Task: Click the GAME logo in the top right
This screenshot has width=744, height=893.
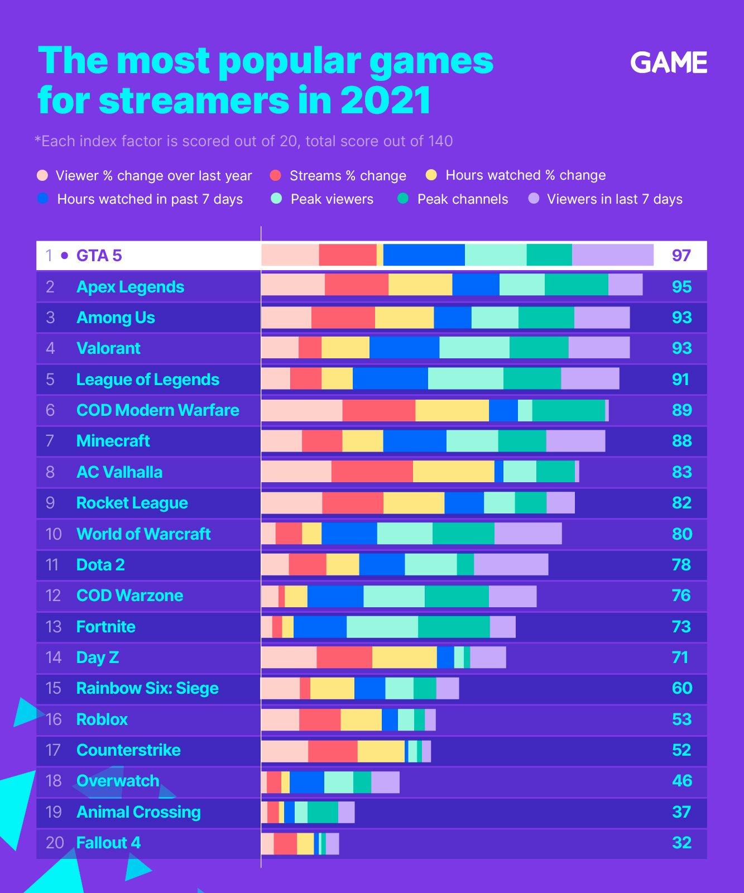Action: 669,63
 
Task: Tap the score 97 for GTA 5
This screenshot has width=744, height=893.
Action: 681,256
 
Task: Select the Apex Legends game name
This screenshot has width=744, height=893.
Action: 130,287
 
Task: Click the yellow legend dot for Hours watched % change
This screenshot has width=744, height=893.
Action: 431,175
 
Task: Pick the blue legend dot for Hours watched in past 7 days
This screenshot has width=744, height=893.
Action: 42,199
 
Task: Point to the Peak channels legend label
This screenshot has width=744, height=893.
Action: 462,199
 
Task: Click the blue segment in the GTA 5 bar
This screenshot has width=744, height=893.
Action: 424,255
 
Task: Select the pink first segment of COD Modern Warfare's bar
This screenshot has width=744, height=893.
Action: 301,410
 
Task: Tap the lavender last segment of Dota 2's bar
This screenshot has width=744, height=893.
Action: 511,564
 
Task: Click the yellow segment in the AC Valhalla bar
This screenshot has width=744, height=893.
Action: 453,472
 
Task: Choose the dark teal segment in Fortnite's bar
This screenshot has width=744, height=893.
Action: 454,627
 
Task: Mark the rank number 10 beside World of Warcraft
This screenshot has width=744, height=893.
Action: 54,534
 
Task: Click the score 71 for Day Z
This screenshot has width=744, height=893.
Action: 680,657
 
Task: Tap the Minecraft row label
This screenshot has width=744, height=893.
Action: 113,441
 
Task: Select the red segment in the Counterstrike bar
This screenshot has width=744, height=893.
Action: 333,751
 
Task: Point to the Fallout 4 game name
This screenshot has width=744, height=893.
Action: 108,843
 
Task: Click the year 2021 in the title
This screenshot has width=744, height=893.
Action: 385,100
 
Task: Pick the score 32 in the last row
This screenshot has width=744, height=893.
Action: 681,843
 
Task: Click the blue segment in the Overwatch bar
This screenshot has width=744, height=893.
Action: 306,781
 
